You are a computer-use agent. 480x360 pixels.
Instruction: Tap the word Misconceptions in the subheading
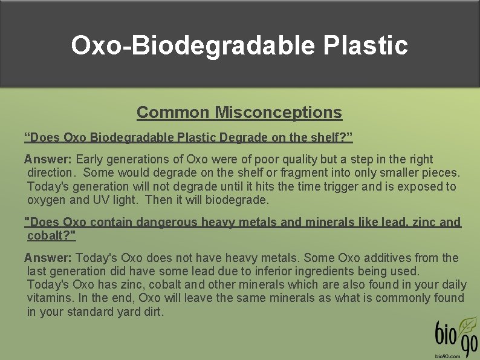pyautogui.click(x=279, y=113)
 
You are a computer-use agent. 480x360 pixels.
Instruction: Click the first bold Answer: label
pyautogui.click(x=48, y=159)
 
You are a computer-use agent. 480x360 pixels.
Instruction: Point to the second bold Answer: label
pyautogui.click(x=48, y=258)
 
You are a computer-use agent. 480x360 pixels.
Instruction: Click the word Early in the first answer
pyautogui.click(x=89, y=159)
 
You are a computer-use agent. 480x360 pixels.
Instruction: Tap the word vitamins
pyautogui.click(x=50, y=298)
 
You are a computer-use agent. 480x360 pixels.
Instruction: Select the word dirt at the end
pyautogui.click(x=152, y=312)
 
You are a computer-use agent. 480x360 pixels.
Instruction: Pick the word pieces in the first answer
pyautogui.click(x=441, y=172)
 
